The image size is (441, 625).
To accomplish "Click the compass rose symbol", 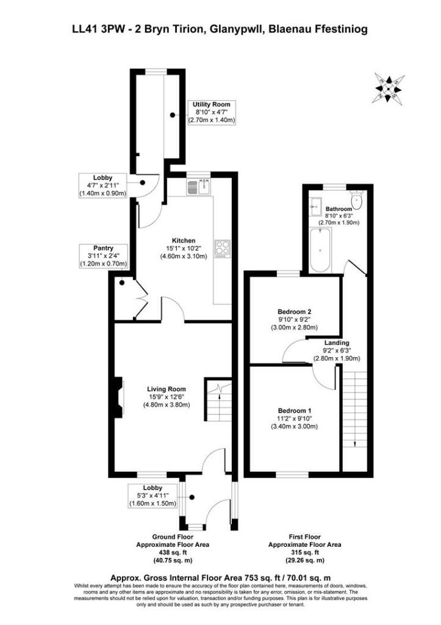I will (x=389, y=87).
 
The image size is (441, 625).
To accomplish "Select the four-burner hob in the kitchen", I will (x=223, y=248).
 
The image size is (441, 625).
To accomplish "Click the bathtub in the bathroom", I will (x=321, y=251).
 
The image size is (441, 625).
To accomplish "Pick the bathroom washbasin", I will (x=317, y=207).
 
